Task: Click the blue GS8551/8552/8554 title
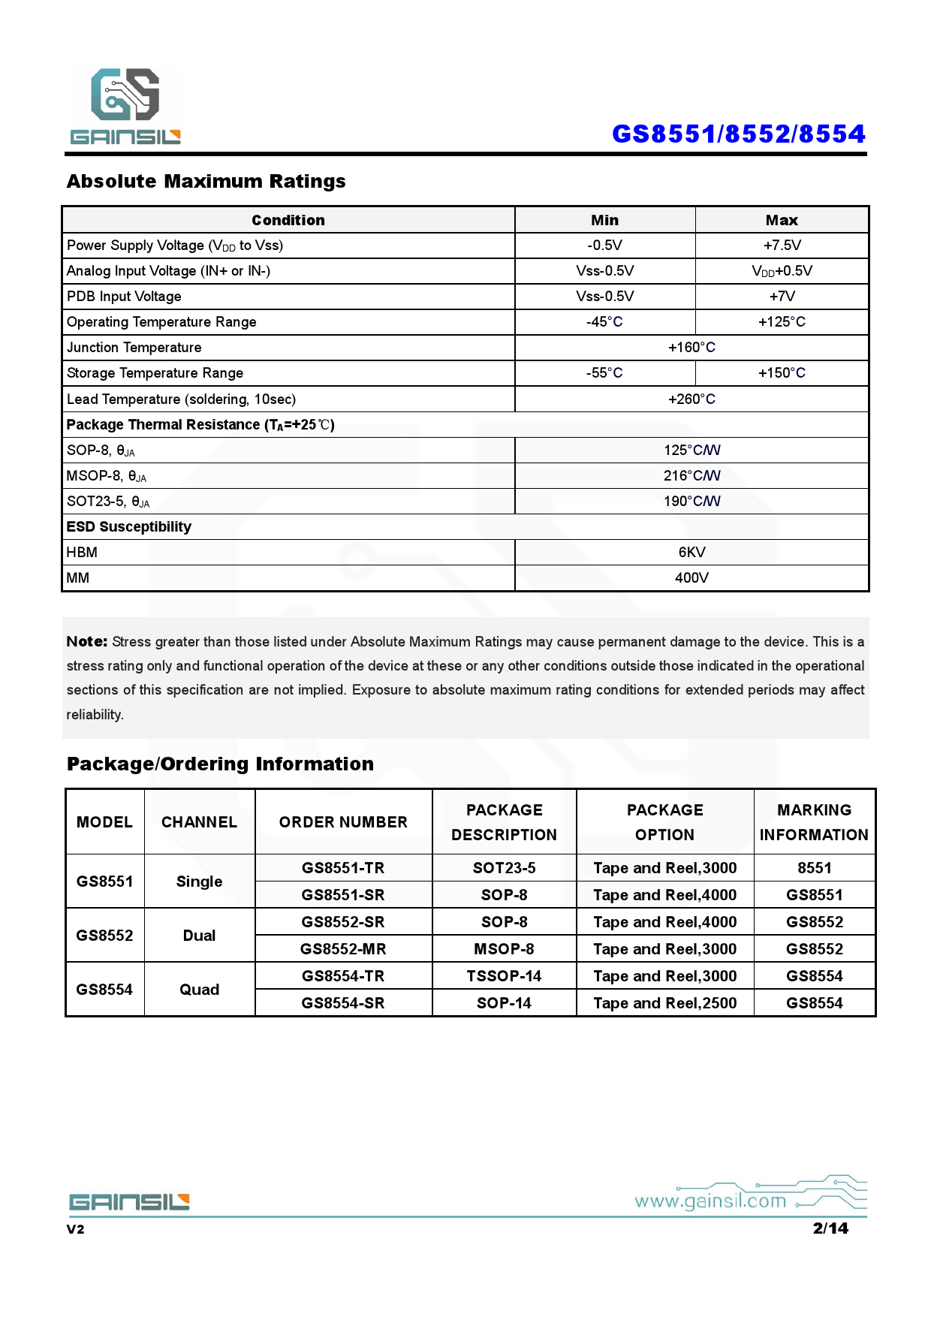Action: (738, 134)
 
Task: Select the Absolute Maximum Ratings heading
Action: (206, 182)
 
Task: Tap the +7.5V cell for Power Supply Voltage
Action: (782, 246)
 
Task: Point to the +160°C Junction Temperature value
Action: (691, 348)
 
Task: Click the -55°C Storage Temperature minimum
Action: (604, 373)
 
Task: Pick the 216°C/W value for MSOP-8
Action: (691, 476)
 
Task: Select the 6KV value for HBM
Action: (691, 553)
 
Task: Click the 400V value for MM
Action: (691, 578)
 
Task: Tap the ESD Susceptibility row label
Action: (129, 527)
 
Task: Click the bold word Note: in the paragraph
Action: (87, 642)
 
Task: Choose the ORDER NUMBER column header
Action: (343, 822)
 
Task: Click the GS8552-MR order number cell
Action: (343, 949)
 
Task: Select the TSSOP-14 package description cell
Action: (504, 976)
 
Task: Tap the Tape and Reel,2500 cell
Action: (664, 1003)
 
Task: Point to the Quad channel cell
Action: (199, 990)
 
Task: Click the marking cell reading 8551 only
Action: (814, 868)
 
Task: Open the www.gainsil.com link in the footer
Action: (710, 1201)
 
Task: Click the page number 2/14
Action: (830, 1228)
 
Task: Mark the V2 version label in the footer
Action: (76, 1229)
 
